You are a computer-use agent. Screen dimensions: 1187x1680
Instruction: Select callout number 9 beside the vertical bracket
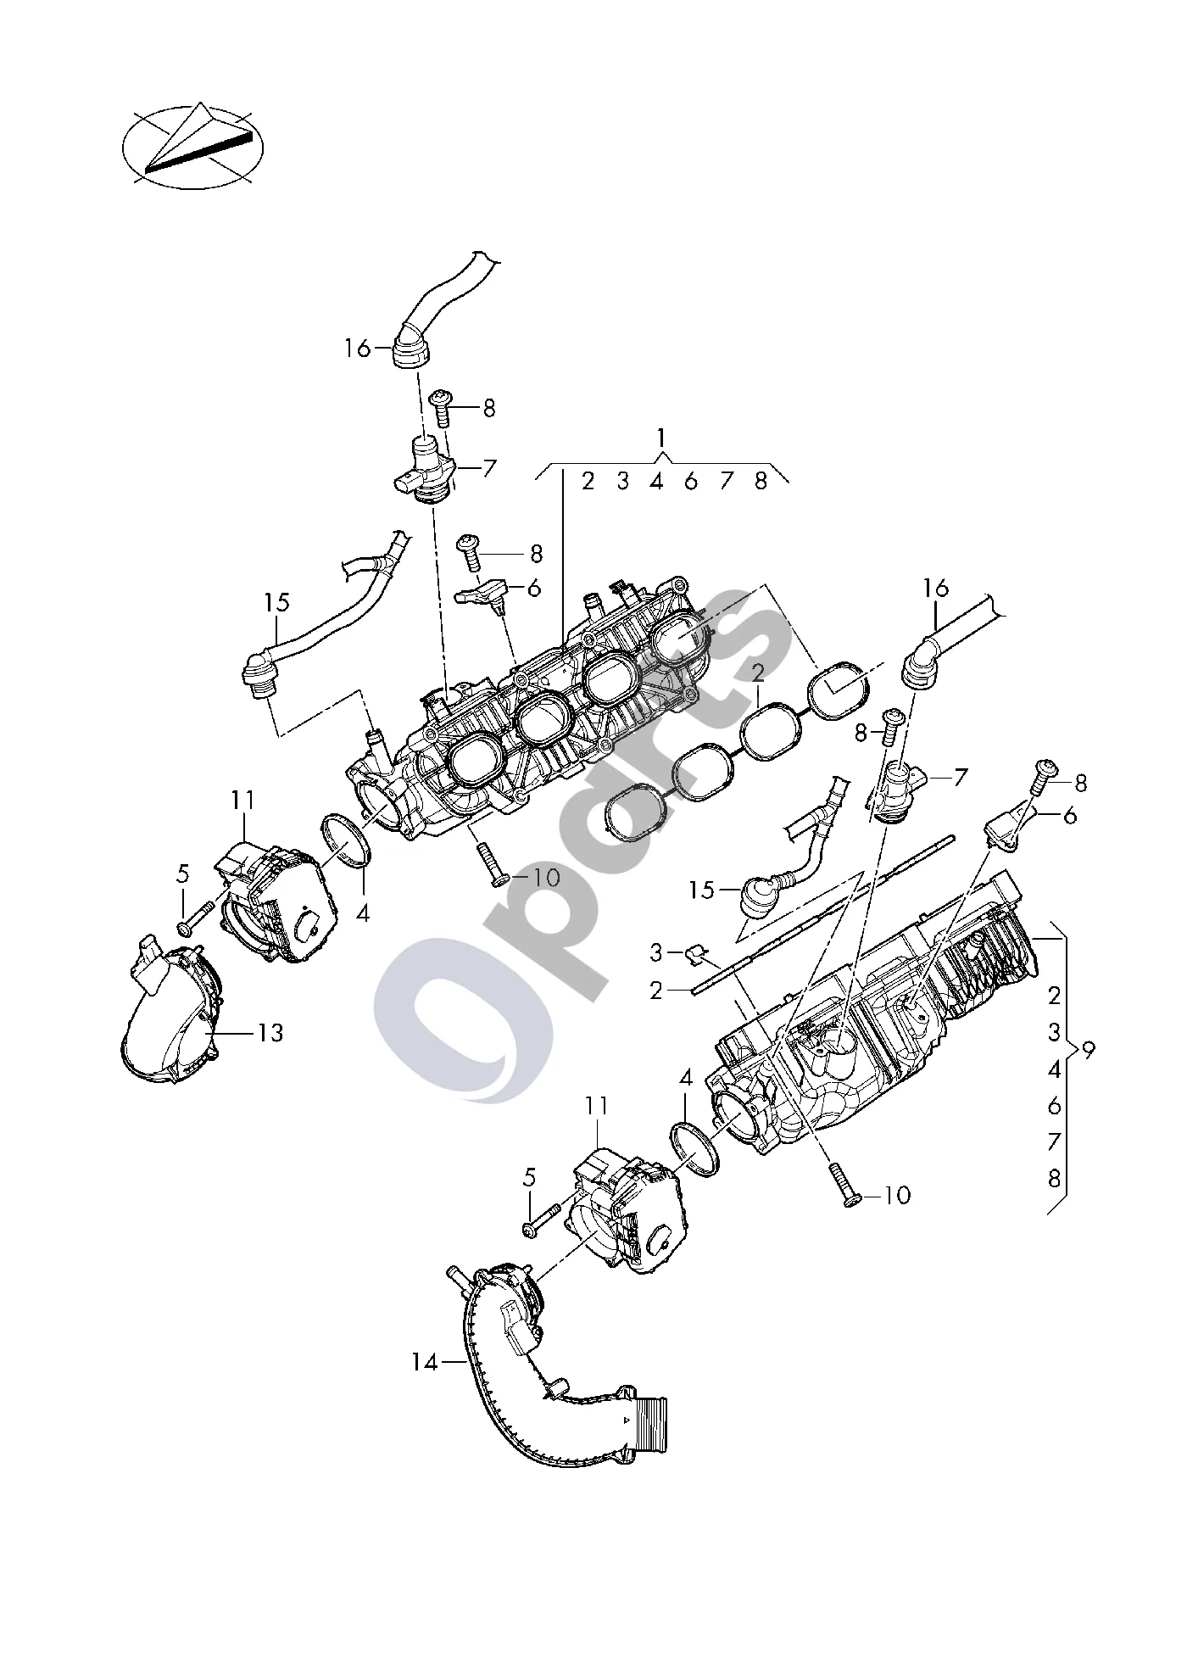tap(1089, 1050)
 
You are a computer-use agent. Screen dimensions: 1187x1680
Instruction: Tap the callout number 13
tap(270, 1033)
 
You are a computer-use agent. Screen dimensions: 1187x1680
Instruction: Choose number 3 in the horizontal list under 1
tap(623, 482)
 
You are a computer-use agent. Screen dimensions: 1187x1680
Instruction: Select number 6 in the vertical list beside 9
tap(1054, 1106)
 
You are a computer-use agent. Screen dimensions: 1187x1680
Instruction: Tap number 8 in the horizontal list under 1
tap(761, 482)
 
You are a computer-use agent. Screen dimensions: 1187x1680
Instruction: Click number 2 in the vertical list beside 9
tap(1054, 995)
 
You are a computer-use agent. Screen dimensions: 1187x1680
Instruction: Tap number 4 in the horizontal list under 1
tap(656, 482)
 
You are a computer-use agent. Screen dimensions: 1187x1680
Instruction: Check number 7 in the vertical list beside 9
tap(1054, 1142)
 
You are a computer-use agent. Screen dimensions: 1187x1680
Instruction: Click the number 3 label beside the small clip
tap(655, 953)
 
